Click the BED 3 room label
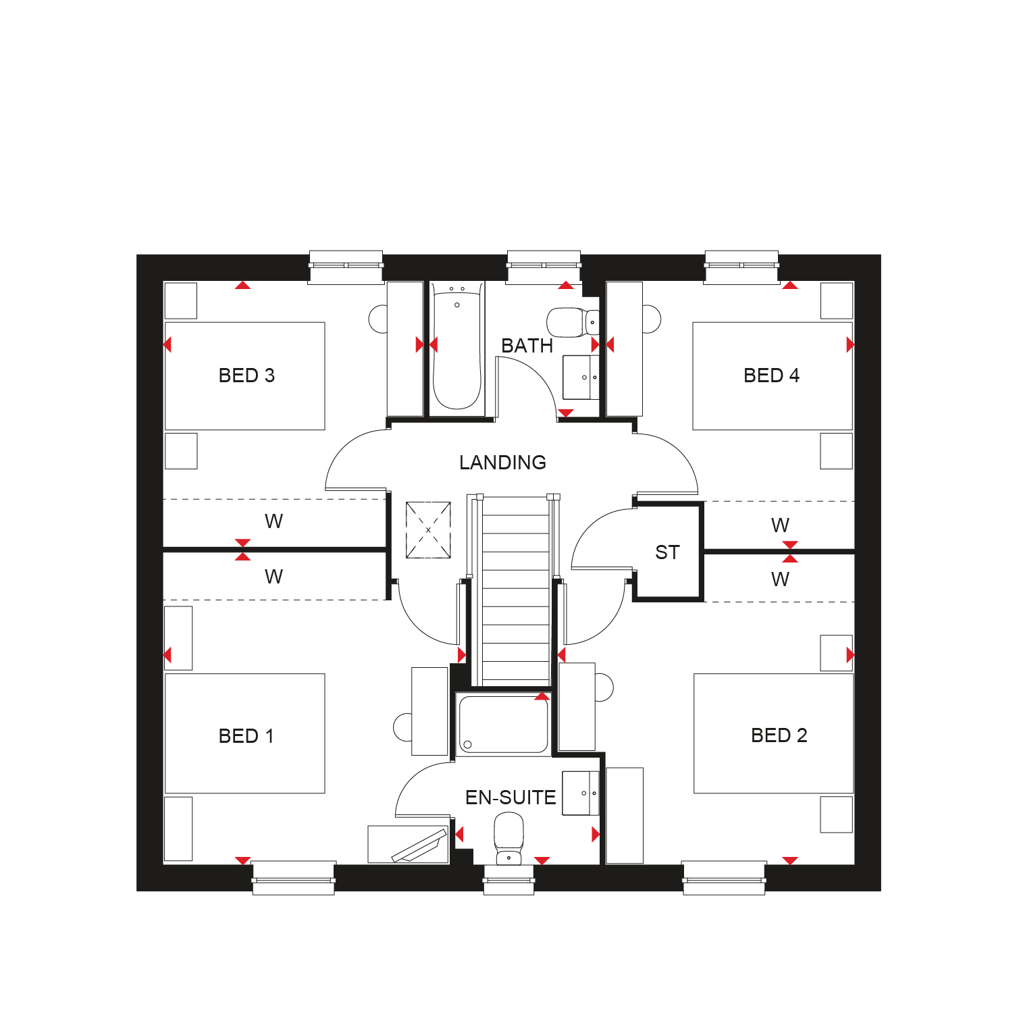[x=246, y=375]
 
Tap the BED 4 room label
[x=771, y=375]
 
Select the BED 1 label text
[x=246, y=736]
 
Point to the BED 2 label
[x=779, y=735]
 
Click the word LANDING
[x=502, y=463]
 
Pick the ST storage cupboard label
[x=667, y=552]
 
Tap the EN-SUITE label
[x=511, y=798]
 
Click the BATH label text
[x=527, y=346]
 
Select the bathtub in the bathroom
[x=457, y=348]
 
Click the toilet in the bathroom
[x=573, y=322]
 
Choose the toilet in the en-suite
[x=508, y=838]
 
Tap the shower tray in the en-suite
[x=503, y=724]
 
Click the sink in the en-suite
[x=581, y=793]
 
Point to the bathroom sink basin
[x=581, y=377]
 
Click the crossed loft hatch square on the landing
[x=428, y=530]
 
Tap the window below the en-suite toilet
[x=509, y=879]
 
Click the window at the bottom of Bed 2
[x=724, y=878]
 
